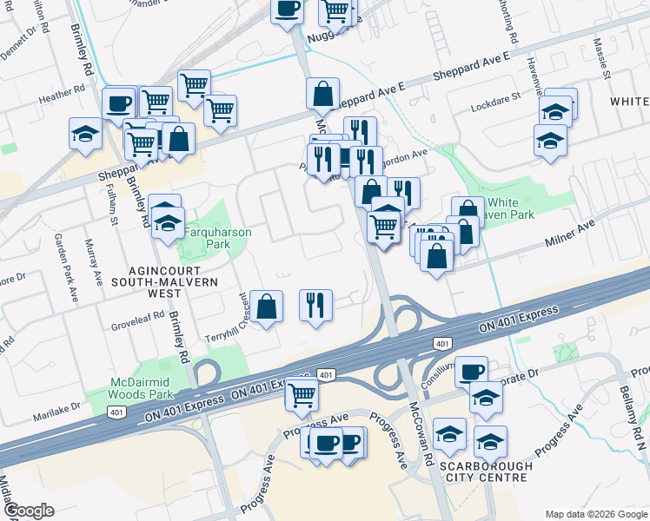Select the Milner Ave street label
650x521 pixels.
pyautogui.click(x=568, y=228)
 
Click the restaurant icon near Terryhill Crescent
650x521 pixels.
pyautogui.click(x=315, y=304)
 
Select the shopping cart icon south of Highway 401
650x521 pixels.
pyautogui.click(x=302, y=395)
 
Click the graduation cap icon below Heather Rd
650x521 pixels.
pyautogui.click(x=85, y=133)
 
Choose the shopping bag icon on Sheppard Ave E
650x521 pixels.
pyautogui.click(x=322, y=93)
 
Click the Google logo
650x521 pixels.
pyautogui.click(x=28, y=511)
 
